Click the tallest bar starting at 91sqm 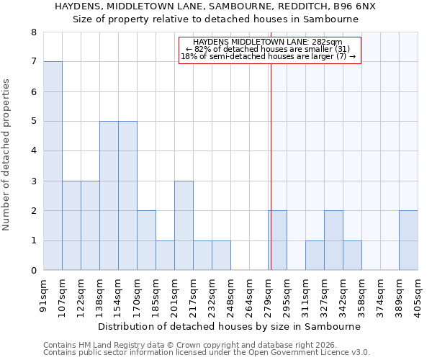click(53, 166)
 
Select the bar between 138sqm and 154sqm click(109, 196)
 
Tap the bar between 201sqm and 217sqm click(184, 225)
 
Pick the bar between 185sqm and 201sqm click(165, 256)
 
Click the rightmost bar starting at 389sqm click(408, 240)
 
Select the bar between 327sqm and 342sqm click(333, 240)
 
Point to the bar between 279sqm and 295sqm click(278, 240)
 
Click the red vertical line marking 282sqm click(271, 144)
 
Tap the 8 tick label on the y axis click(33, 32)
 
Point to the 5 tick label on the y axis click(33, 122)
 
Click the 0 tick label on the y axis click(33, 271)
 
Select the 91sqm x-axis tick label click(44, 294)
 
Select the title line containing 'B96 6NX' click(215, 6)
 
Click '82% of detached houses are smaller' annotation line click(268, 49)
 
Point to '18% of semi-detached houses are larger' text click(268, 56)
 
